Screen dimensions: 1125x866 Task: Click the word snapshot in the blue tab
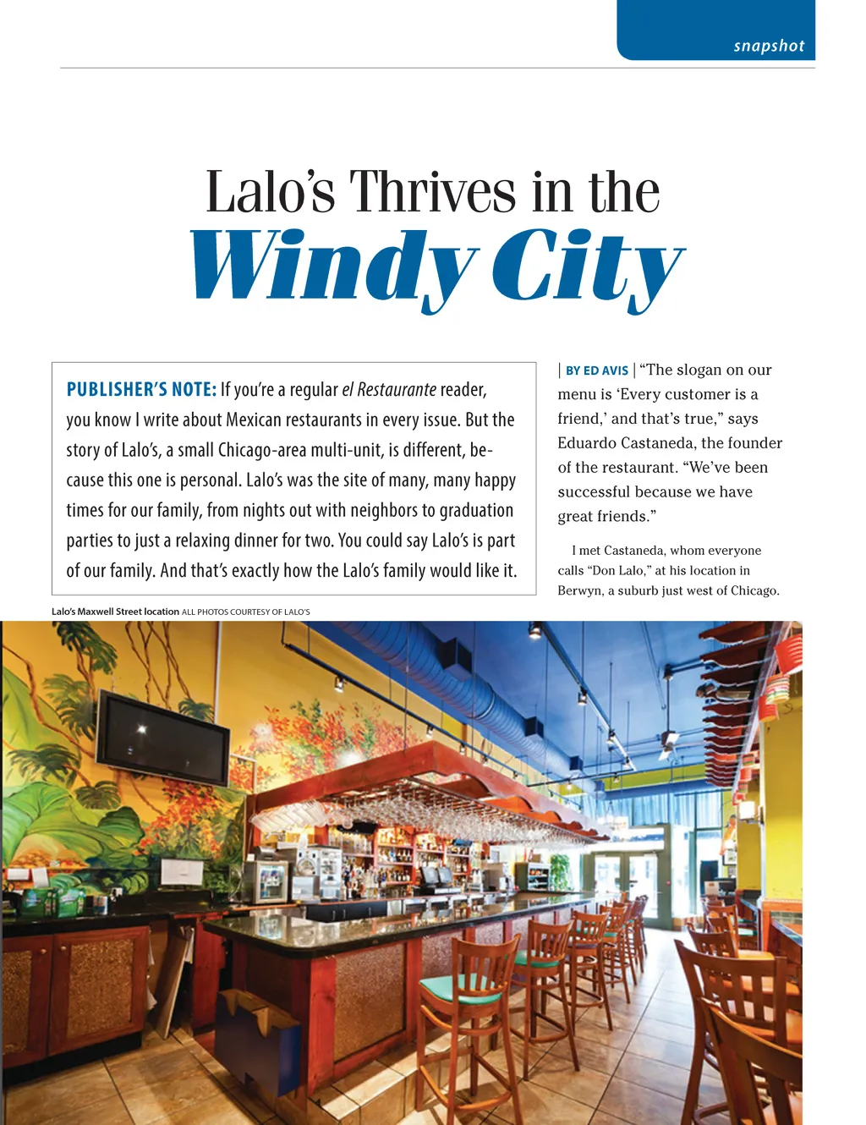pyautogui.click(x=769, y=46)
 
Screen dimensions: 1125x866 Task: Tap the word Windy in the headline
pyautogui.click(x=333, y=266)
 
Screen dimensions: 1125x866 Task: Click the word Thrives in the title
pyautogui.click(x=432, y=192)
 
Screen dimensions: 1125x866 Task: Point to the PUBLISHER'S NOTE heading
pyautogui.click(x=141, y=390)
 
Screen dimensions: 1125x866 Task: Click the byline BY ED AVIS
pyautogui.click(x=596, y=370)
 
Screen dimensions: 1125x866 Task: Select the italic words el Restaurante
pyautogui.click(x=389, y=390)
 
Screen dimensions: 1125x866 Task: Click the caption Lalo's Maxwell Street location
pyautogui.click(x=115, y=612)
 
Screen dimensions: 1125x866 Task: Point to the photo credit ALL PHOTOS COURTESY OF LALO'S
pyautogui.click(x=246, y=612)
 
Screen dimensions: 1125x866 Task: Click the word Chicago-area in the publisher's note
pyautogui.click(x=259, y=450)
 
